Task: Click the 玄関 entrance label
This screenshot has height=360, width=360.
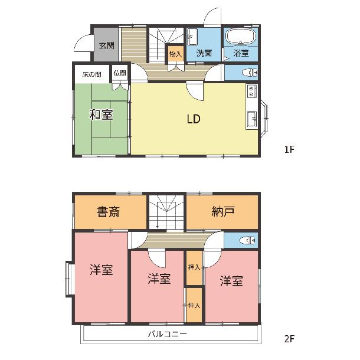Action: (x=107, y=45)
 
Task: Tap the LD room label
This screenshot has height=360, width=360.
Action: (x=194, y=119)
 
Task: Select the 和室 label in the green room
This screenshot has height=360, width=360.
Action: (x=101, y=114)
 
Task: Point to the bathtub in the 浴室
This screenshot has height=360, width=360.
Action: (x=241, y=37)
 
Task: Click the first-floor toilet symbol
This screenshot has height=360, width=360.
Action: (x=250, y=73)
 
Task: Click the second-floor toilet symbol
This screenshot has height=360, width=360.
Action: (x=247, y=240)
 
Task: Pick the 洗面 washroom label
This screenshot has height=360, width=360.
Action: (x=204, y=53)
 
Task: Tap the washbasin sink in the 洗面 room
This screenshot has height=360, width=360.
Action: (x=192, y=37)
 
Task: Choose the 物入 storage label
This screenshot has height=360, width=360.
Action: (x=175, y=54)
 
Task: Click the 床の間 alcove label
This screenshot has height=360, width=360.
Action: (x=91, y=74)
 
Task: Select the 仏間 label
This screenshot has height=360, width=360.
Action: (x=120, y=73)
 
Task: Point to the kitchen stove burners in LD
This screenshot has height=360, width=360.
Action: (x=252, y=91)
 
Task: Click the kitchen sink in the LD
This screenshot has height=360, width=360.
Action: (x=252, y=119)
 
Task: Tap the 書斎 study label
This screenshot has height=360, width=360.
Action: (x=108, y=212)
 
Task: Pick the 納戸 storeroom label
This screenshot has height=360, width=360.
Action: (x=222, y=211)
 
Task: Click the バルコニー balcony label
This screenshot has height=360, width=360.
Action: (x=167, y=333)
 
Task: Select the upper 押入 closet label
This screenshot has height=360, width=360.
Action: (x=194, y=267)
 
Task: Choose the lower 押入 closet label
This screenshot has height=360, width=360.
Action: (x=194, y=305)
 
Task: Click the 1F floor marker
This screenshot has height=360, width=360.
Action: (x=289, y=149)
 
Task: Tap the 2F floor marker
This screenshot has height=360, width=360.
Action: (x=289, y=339)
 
